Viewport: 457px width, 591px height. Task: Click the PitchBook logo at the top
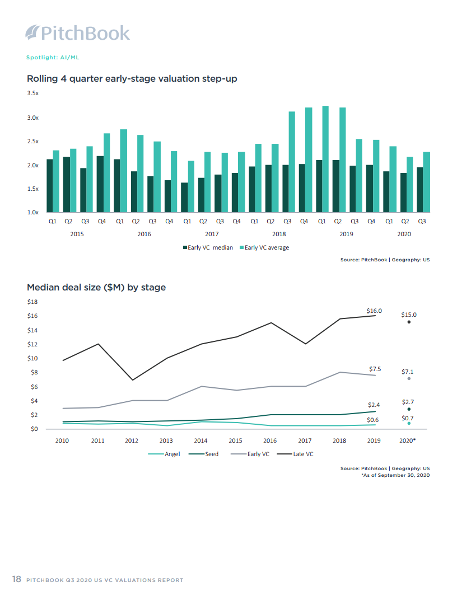click(x=78, y=33)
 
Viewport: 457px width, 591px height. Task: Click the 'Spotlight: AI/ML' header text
click(x=57, y=58)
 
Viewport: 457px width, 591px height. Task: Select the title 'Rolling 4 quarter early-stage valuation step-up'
click(x=132, y=78)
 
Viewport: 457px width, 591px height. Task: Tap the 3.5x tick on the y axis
click(x=33, y=93)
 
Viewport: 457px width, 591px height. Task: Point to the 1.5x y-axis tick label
click(x=33, y=189)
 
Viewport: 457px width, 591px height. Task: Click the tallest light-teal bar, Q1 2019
click(x=325, y=160)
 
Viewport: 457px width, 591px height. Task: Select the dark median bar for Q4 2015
click(x=100, y=184)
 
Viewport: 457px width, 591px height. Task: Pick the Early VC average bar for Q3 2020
click(x=426, y=182)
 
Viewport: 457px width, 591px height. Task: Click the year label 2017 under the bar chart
click(x=212, y=234)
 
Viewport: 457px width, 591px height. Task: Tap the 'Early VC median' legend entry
click(x=207, y=247)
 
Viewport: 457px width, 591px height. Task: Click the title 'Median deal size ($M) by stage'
click(x=96, y=288)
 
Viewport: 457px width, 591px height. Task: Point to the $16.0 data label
click(x=374, y=311)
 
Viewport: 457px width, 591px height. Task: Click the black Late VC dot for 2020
click(x=409, y=322)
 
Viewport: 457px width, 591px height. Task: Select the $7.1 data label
click(x=408, y=372)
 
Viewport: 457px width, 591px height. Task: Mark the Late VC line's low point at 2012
click(x=132, y=380)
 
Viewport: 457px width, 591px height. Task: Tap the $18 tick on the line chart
click(x=32, y=302)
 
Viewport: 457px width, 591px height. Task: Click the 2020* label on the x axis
click(x=408, y=441)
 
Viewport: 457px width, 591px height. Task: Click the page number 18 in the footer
click(x=17, y=579)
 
